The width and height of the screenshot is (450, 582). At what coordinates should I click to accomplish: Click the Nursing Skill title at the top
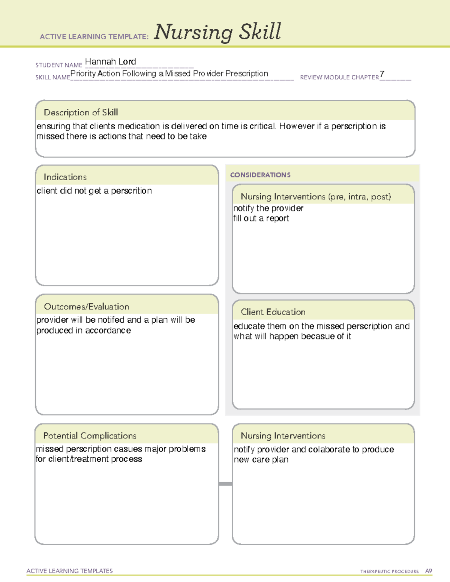(x=217, y=32)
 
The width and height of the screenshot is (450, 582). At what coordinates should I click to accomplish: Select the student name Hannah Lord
(x=110, y=61)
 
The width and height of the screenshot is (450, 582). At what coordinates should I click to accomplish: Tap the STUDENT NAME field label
(x=59, y=65)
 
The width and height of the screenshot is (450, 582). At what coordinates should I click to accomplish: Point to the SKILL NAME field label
(x=52, y=77)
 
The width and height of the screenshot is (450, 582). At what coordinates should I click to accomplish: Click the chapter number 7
(x=382, y=74)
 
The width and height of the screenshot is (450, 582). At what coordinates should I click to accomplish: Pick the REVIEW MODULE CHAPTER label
(x=339, y=77)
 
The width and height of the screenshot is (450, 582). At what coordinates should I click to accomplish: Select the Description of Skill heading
(x=81, y=112)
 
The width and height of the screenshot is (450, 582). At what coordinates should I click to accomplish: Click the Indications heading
(x=65, y=177)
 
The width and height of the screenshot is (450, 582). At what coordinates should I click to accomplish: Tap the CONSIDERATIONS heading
(x=260, y=175)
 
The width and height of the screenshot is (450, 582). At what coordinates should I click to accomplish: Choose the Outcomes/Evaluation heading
(x=86, y=307)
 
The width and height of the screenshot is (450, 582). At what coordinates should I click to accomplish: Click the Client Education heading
(x=273, y=312)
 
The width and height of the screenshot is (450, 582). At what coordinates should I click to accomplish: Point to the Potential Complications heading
(x=90, y=435)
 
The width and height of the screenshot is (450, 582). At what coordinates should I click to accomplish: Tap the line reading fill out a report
(x=261, y=218)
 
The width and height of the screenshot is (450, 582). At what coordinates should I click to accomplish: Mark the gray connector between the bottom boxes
(x=225, y=484)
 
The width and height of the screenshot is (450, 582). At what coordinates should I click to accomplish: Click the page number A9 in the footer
(x=428, y=571)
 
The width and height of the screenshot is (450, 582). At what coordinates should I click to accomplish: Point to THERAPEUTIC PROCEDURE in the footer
(x=389, y=572)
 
